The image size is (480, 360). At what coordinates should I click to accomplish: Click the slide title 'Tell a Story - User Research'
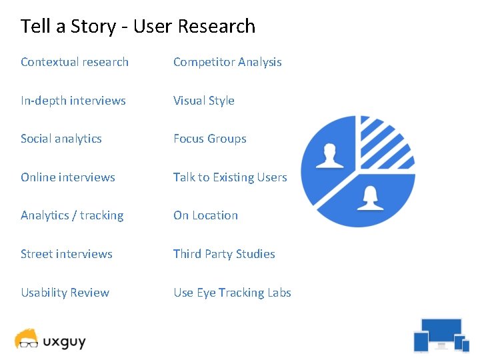138,27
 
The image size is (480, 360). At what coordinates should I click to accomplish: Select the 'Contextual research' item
75,62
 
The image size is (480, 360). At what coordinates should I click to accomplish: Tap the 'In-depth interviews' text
73,101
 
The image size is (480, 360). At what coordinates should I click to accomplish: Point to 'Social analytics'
61,139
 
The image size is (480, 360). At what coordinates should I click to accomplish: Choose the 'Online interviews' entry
68,177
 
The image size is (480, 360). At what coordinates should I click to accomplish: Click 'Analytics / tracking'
72,215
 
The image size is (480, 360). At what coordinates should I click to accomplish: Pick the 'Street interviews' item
67,254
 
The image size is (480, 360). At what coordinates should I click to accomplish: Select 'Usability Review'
65,293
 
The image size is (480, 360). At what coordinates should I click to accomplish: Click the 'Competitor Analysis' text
227,62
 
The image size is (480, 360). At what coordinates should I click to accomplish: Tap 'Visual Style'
204,101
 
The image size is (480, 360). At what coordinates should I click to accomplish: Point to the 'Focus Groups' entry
210,139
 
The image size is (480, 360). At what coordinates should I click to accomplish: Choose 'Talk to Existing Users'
230,177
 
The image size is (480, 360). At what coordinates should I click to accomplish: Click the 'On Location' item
205,215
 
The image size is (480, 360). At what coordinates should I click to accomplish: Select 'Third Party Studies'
224,254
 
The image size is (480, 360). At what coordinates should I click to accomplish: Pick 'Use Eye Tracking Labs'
232,293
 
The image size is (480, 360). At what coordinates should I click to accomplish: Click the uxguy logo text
65,342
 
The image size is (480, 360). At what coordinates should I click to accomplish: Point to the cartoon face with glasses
27,339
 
